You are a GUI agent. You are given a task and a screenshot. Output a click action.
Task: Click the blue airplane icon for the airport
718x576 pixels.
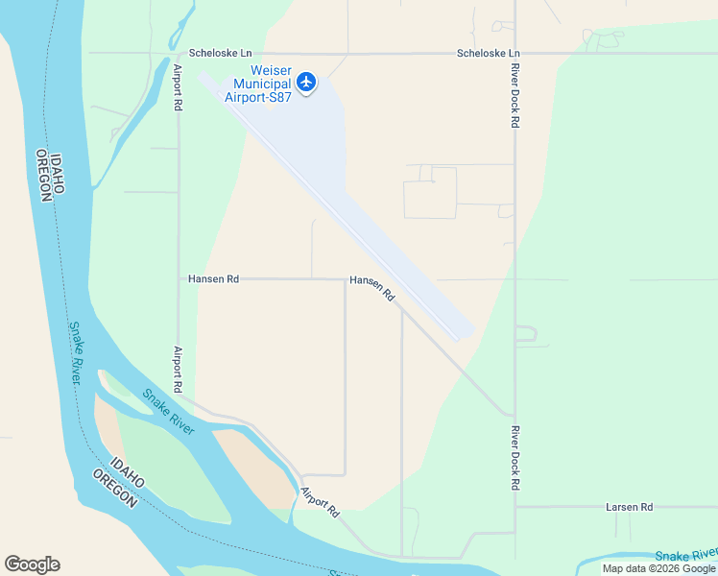pyautogui.click(x=306, y=83)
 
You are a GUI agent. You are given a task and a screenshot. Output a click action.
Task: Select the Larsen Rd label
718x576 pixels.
pyautogui.click(x=629, y=507)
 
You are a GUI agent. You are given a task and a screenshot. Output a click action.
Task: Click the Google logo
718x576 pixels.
pyautogui.click(x=32, y=564)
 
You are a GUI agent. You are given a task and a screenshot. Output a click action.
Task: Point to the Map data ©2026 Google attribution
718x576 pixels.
pyautogui.click(x=658, y=568)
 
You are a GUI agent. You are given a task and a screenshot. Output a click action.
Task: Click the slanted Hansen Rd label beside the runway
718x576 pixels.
pyautogui.click(x=372, y=289)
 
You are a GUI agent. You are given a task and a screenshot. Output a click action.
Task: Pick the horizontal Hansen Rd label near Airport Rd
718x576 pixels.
pyautogui.click(x=213, y=279)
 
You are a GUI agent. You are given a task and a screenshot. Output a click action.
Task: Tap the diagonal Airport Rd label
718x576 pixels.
pyautogui.click(x=320, y=503)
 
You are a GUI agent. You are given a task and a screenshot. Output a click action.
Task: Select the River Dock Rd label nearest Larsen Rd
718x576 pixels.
pyautogui.click(x=515, y=458)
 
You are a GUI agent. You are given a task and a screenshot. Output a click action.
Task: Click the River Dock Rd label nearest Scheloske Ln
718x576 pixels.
pyautogui.click(x=515, y=96)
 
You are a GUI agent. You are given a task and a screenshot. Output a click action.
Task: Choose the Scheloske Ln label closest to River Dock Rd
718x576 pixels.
pyautogui.click(x=488, y=53)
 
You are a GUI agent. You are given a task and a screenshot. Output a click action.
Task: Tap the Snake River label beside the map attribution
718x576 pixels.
pyautogui.click(x=685, y=556)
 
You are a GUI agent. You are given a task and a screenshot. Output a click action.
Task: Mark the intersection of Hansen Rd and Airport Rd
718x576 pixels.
pyautogui.click(x=179, y=279)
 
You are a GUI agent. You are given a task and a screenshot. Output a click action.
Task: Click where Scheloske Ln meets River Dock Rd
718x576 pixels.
pyautogui.click(x=515, y=53)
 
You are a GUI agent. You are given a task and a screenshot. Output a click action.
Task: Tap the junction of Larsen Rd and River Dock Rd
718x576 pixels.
pyautogui.click(x=515, y=507)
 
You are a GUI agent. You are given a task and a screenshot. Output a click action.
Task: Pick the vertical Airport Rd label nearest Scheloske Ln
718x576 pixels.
pyautogui.click(x=179, y=87)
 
